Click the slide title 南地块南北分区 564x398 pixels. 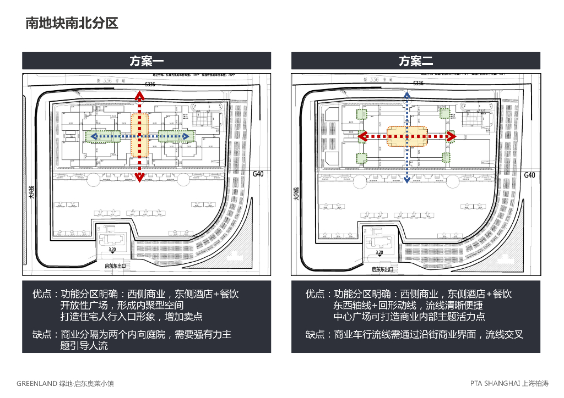click(72, 24)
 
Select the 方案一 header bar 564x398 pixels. click(147, 60)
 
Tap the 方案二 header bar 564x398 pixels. click(416, 60)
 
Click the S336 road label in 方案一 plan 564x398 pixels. click(150, 84)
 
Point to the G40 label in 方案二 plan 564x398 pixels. click(529, 175)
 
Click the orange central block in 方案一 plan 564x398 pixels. click(140, 136)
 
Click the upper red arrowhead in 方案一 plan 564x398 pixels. click(140, 96)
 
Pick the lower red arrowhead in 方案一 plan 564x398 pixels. click(140, 177)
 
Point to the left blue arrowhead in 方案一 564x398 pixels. click(94, 136)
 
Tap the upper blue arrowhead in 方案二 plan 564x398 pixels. click(406, 96)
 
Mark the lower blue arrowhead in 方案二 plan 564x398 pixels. click(406, 179)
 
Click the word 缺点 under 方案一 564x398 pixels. click(42, 334)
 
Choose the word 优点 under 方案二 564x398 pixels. click(315, 295)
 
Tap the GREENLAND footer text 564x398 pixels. click(65, 383)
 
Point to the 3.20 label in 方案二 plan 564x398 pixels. click(379, 253)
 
